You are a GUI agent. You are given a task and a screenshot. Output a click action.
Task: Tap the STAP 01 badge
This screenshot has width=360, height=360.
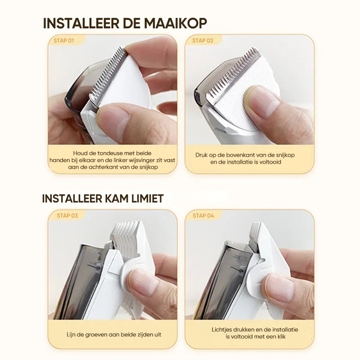(64, 40)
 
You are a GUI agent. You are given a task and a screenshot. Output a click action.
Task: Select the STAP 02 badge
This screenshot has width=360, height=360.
(202, 40)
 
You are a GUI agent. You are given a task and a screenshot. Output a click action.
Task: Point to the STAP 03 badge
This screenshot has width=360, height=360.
(67, 216)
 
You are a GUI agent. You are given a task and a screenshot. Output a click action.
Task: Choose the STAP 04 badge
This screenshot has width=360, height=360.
(203, 216)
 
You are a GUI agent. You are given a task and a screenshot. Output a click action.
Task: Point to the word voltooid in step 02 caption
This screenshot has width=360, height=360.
(269, 162)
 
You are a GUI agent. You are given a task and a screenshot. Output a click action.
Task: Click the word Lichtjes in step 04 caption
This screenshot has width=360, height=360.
(223, 330)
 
